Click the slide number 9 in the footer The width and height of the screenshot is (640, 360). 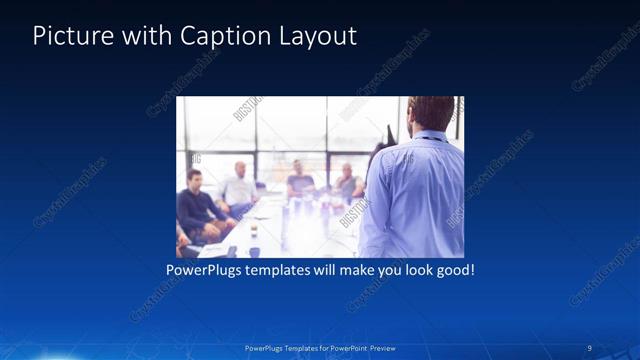pos(590,347)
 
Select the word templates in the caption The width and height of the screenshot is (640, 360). pos(284,271)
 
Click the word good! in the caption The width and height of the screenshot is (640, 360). pos(454,271)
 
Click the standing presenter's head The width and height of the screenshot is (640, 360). pos(431,112)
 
